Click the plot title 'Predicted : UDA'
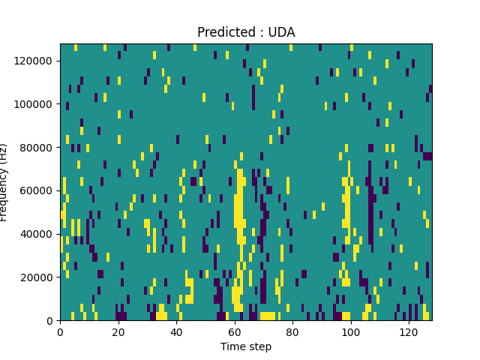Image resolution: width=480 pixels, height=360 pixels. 246,32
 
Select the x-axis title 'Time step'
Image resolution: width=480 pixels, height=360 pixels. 246,346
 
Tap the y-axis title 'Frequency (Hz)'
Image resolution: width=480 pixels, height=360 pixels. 4,182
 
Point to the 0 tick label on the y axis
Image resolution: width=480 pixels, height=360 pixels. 51,321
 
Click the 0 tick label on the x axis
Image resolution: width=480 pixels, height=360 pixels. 60,332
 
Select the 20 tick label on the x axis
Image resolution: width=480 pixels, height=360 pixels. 118,332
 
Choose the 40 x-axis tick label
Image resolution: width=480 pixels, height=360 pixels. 176,332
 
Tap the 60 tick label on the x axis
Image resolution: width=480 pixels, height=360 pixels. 235,332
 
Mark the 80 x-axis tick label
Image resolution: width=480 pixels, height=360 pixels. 292,332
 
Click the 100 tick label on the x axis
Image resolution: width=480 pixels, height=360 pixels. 350,332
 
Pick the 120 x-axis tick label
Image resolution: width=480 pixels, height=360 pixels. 409,332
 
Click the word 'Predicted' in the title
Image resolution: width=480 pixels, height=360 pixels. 222,32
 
